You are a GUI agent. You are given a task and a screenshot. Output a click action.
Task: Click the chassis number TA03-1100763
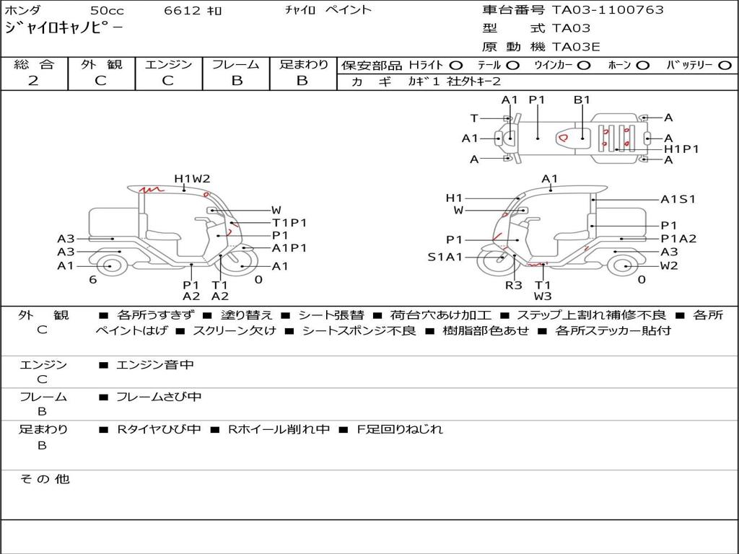tap(608, 10)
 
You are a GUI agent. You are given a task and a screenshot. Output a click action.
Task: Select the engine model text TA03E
tap(576, 47)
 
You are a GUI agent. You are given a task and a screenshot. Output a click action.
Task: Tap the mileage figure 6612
tap(182, 10)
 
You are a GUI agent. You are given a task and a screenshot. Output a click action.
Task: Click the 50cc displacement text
tap(107, 10)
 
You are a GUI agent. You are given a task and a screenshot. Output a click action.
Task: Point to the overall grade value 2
tap(33, 81)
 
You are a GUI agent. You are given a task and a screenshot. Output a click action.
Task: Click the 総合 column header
tap(34, 64)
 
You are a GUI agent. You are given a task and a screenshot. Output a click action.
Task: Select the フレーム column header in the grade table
tap(236, 64)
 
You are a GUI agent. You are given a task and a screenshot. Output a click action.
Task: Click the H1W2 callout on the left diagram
tap(192, 179)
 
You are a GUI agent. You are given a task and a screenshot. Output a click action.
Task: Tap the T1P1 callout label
tap(289, 223)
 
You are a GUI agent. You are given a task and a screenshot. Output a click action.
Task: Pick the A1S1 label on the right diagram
tap(678, 199)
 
